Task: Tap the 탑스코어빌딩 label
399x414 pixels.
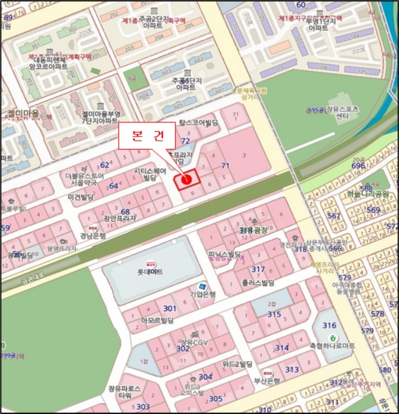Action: [199, 123]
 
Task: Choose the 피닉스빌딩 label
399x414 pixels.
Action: [225, 255]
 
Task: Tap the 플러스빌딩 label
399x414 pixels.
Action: [253, 283]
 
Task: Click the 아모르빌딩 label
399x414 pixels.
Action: [157, 321]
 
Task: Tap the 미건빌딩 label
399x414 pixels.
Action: [82, 197]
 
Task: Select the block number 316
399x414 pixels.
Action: [329, 325]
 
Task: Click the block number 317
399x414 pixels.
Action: [258, 269]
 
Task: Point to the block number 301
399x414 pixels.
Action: [170, 308]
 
